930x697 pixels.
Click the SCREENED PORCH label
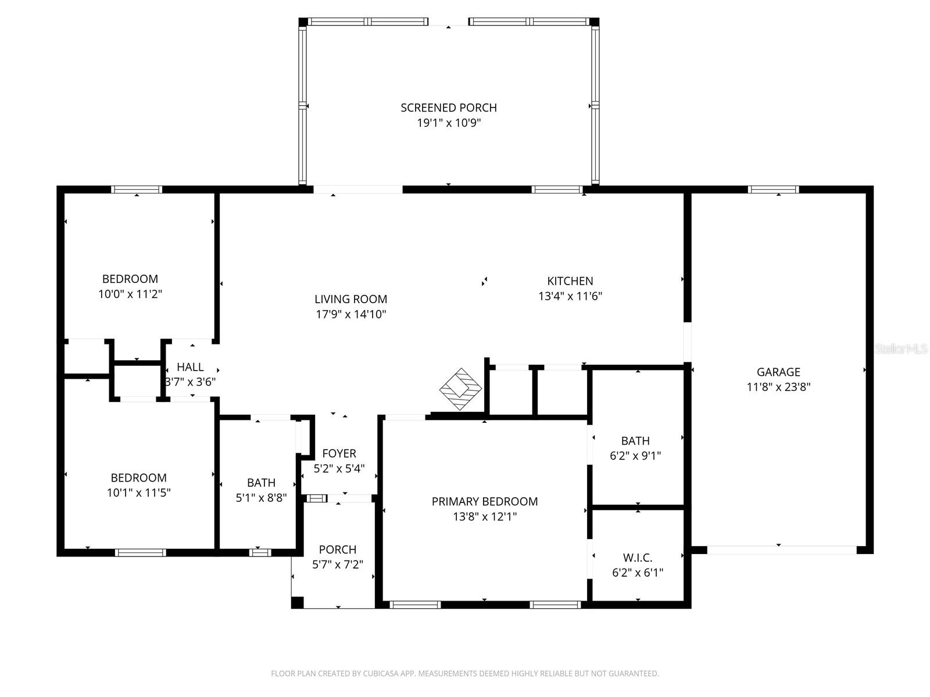click(448, 107)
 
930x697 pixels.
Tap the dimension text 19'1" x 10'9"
click(448, 123)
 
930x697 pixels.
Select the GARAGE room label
click(778, 372)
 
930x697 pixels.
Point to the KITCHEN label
click(570, 281)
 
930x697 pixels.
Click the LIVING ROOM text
click(350, 299)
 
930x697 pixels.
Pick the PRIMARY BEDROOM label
click(484, 501)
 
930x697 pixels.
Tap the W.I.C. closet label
click(637, 558)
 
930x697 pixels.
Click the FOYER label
click(339, 453)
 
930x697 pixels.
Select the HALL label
click(190, 367)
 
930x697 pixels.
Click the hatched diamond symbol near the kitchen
click(460, 389)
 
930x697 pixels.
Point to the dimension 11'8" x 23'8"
click(778, 387)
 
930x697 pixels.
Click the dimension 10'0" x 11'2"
click(130, 294)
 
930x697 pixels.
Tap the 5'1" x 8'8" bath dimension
click(261, 498)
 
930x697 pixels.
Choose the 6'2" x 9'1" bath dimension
click(635, 456)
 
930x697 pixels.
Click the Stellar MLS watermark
click(901, 349)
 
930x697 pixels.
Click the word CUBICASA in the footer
click(380, 674)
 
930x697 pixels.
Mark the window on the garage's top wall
click(772, 189)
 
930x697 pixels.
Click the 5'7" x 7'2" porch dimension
click(337, 565)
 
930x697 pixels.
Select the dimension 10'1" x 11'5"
click(138, 493)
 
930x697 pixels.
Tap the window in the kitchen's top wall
click(557, 189)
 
